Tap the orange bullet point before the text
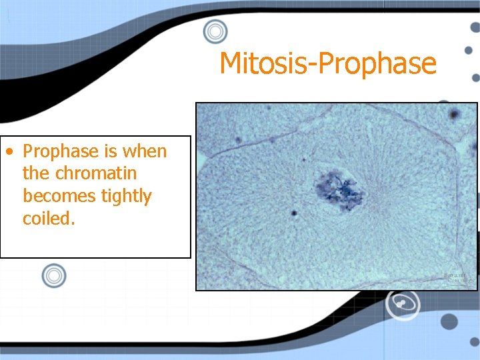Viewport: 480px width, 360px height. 9,151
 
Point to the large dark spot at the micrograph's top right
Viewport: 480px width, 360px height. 455,114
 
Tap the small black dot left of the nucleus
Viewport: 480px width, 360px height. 294,213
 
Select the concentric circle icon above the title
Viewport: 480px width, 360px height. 215,31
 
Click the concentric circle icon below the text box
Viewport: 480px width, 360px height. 54,275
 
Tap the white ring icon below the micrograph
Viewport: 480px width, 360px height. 403,303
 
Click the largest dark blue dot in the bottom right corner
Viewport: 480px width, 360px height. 450,322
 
